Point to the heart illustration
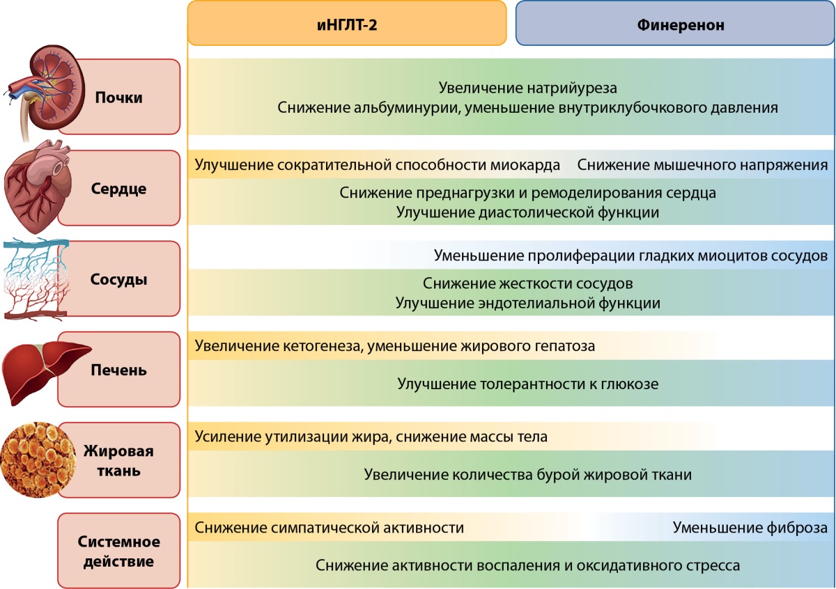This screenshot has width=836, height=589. [38, 187]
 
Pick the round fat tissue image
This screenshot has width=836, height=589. [38, 460]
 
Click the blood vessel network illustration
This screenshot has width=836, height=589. [36, 279]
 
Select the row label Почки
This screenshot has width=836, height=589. [118, 97]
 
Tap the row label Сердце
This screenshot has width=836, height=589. [118, 189]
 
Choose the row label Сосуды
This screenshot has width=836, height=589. [118, 279]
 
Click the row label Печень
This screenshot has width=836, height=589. [118, 370]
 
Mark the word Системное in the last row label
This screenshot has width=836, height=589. [118, 542]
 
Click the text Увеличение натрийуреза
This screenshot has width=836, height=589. [527, 88]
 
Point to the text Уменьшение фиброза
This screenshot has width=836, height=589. [750, 528]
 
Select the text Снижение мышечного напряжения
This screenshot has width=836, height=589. [702, 165]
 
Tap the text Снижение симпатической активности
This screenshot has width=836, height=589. [329, 528]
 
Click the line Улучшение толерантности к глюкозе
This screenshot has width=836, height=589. [528, 384]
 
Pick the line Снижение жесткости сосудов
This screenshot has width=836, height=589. [528, 283]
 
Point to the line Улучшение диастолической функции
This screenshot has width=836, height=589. [528, 212]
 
